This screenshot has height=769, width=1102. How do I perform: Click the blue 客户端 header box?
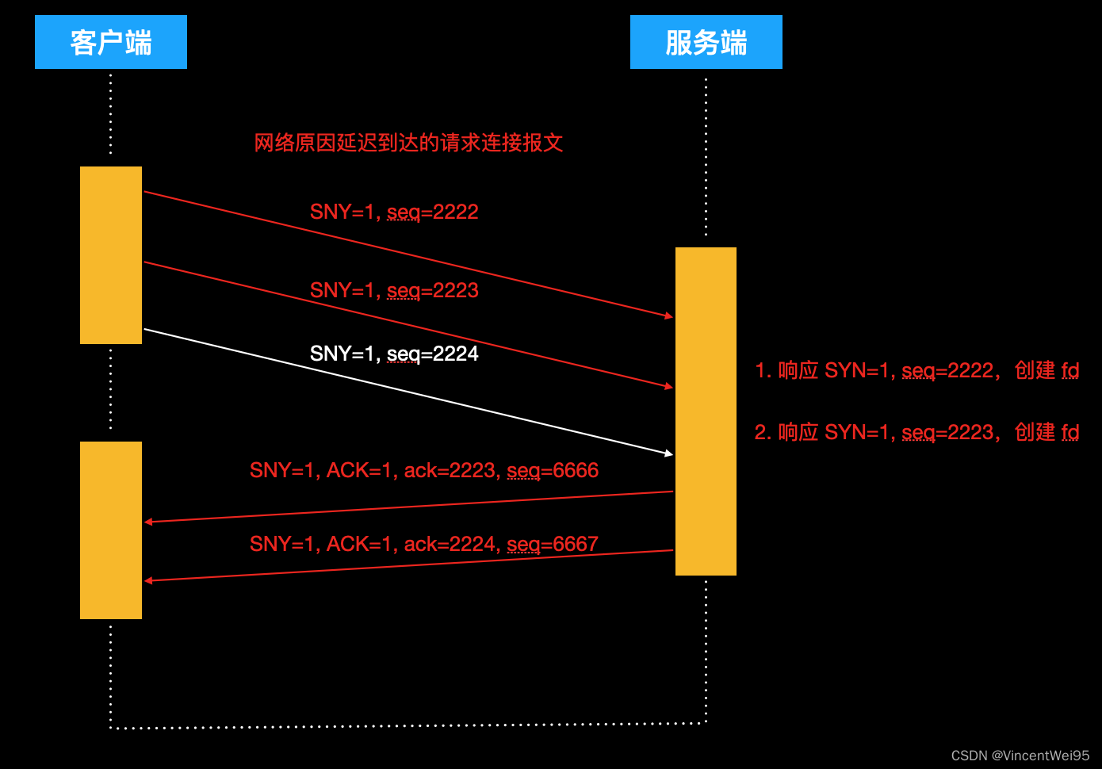[111, 42]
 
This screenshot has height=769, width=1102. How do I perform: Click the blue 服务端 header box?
[706, 42]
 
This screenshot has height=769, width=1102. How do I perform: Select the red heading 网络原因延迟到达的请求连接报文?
[408, 143]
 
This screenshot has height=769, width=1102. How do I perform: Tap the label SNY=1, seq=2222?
[394, 212]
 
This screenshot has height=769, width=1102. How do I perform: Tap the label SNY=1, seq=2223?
[394, 290]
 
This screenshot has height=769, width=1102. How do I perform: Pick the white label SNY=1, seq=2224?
[394, 354]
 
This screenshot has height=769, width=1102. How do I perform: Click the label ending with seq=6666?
[424, 470]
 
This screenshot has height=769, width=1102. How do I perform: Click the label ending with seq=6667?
[424, 544]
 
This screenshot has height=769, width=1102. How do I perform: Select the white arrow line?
[408, 392]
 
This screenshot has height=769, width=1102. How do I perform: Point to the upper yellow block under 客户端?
[111, 255]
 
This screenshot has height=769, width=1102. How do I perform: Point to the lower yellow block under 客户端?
[111, 530]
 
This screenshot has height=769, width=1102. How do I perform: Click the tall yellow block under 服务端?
[706, 411]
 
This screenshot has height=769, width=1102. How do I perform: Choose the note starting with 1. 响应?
[916, 370]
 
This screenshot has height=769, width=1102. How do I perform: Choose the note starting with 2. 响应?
[916, 432]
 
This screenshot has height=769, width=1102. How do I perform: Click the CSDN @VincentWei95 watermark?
[1020, 756]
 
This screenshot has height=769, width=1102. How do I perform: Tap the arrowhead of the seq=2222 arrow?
[669, 316]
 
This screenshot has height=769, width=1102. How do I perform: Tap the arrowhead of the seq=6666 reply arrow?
[149, 522]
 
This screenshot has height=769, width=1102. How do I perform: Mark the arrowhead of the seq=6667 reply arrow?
[149, 580]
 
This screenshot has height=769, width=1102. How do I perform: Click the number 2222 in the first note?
[970, 370]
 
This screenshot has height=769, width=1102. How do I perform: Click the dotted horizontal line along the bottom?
[408, 725]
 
